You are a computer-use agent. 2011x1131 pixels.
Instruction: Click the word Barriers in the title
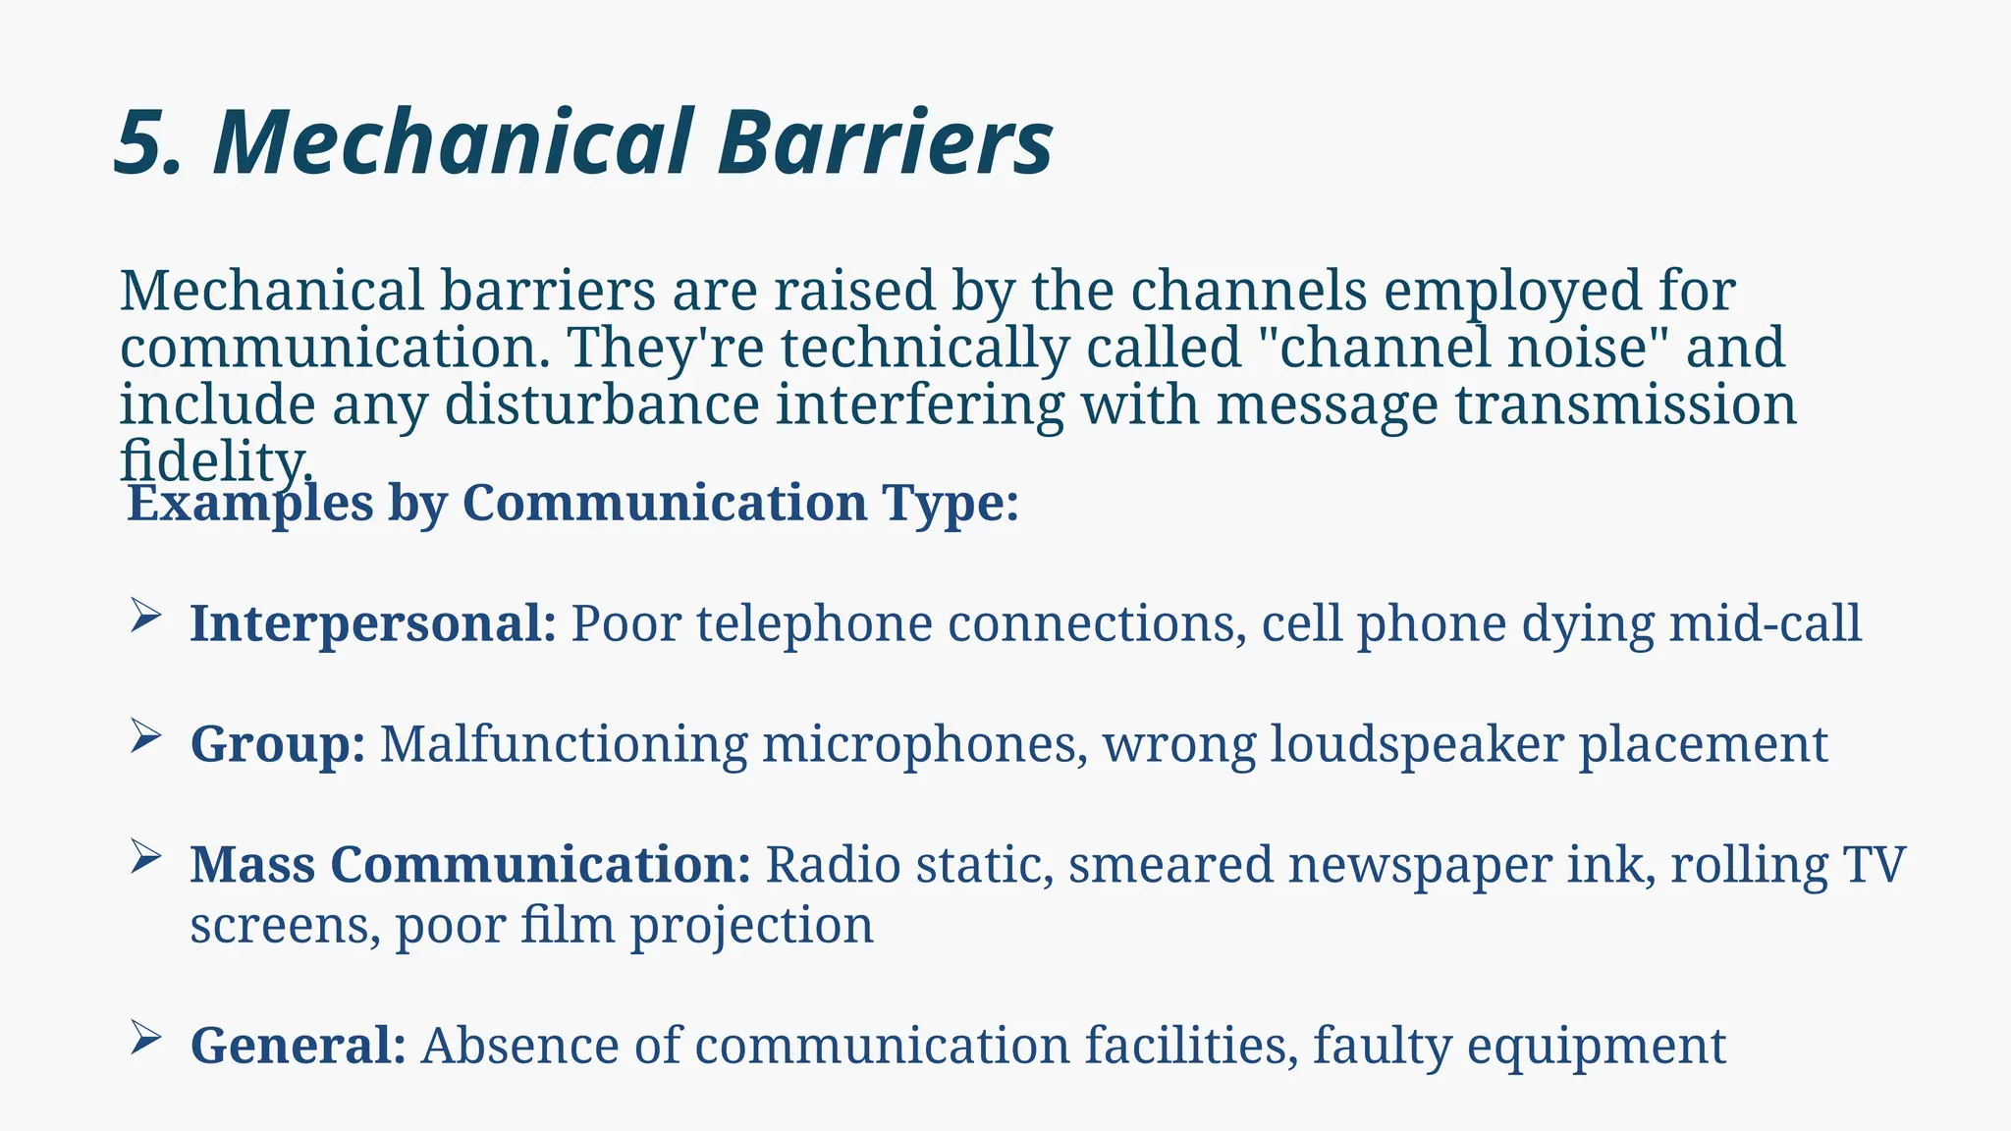pyautogui.click(x=885, y=143)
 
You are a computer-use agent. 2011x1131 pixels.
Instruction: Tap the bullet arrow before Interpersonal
pyautogui.click(x=144, y=617)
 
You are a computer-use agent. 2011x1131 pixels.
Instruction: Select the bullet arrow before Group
pyautogui.click(x=144, y=736)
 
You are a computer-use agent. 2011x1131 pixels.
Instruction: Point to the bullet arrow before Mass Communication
pyautogui.click(x=144, y=857)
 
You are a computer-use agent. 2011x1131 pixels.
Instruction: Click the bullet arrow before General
pyautogui.click(x=144, y=1038)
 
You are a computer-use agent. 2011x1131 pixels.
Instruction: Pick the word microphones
pyautogui.click(x=924, y=744)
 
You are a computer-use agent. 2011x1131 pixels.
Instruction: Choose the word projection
pyautogui.click(x=751, y=926)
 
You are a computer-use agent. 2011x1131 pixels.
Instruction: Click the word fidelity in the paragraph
pyautogui.click(x=215, y=461)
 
